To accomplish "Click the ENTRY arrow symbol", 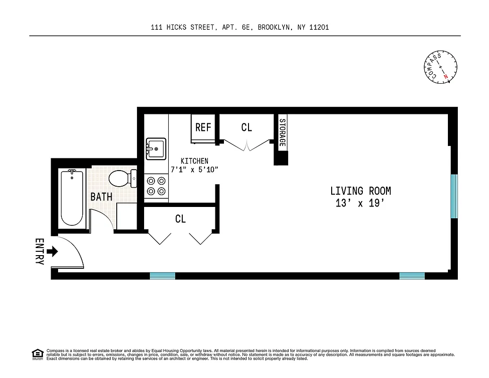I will pyautogui.click(x=52, y=251).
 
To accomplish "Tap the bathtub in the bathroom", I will pyautogui.click(x=72, y=198).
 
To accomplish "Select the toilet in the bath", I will pyautogui.click(x=121, y=179).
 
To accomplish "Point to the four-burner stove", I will pyautogui.click(x=156, y=186).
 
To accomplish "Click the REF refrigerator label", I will pyautogui.click(x=203, y=128).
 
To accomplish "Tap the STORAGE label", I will pyautogui.click(x=282, y=132).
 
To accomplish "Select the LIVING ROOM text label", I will pyautogui.click(x=360, y=191).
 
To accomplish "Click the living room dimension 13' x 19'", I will pyautogui.click(x=360, y=204).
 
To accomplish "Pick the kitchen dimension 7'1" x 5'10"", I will pyautogui.click(x=194, y=170).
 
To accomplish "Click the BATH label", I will pyautogui.click(x=101, y=197).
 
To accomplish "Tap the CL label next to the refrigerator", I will pyautogui.click(x=246, y=128).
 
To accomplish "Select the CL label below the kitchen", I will pyautogui.click(x=180, y=219).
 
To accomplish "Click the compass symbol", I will pyautogui.click(x=440, y=68).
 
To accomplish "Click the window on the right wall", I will pyautogui.click(x=454, y=196).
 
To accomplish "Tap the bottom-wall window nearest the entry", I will pyautogui.click(x=163, y=275).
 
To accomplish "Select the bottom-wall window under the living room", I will pyautogui.click(x=412, y=275).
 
